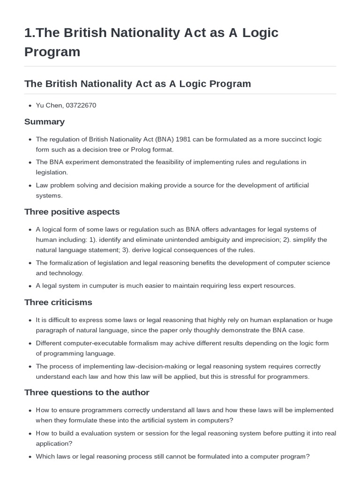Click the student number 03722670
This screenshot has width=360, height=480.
[x=81, y=105]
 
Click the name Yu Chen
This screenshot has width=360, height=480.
[x=49, y=105]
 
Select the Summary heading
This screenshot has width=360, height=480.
[x=45, y=122]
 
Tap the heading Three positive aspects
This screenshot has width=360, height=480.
[x=72, y=212]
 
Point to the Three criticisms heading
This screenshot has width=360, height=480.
[x=58, y=302]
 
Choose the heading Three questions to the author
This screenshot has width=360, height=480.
[x=87, y=392]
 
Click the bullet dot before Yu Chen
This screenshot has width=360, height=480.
[x=30, y=106]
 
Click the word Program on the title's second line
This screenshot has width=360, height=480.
[x=52, y=52]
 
